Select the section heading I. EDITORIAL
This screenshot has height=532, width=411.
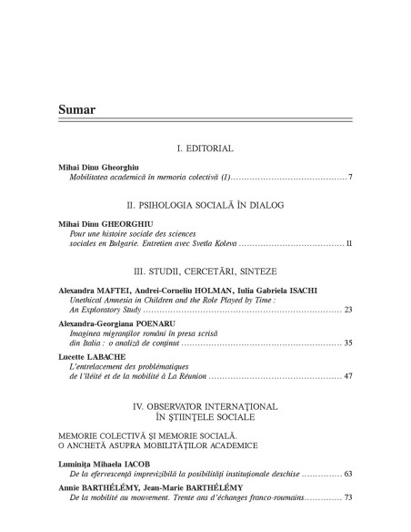(205, 148)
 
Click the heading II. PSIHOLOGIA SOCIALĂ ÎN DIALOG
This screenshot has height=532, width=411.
(205, 206)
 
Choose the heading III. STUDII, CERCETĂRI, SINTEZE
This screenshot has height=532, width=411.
(205, 271)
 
